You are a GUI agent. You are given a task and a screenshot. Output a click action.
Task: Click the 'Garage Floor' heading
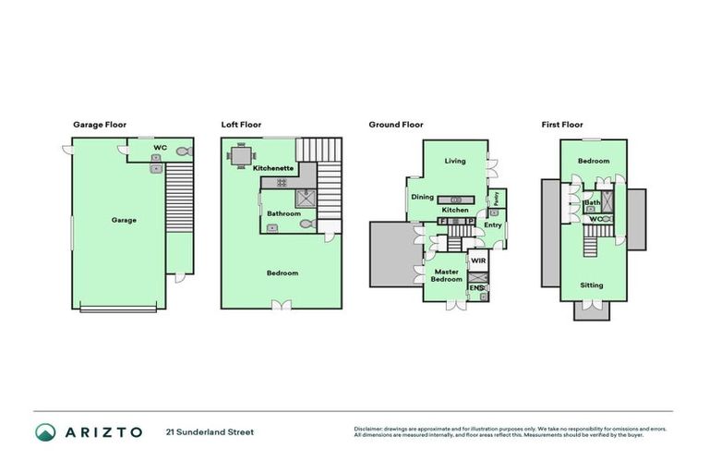(x=99, y=124)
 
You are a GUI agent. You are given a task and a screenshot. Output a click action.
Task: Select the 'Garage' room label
(x=124, y=220)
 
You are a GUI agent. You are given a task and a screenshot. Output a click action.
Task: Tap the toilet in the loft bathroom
(x=307, y=224)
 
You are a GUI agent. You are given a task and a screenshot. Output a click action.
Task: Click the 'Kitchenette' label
(x=273, y=168)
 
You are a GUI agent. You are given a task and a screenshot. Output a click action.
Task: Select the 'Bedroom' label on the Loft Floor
(x=282, y=273)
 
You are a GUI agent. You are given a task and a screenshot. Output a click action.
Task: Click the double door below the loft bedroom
(x=282, y=304)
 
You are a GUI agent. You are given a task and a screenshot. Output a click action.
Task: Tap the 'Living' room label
(x=455, y=161)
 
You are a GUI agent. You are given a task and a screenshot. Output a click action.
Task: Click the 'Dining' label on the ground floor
(x=422, y=197)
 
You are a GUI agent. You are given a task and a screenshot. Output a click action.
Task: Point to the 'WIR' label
(x=477, y=261)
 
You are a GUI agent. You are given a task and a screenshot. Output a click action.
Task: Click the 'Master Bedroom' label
(x=447, y=275)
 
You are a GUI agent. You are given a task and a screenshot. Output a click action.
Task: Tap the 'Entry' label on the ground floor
(x=493, y=224)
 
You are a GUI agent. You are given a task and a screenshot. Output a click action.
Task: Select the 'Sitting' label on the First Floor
(x=593, y=285)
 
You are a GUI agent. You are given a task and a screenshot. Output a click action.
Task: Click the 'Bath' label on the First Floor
(x=592, y=202)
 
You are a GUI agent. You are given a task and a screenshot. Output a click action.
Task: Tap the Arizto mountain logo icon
(x=46, y=431)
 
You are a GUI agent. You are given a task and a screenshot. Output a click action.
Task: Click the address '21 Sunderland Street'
(x=210, y=431)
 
